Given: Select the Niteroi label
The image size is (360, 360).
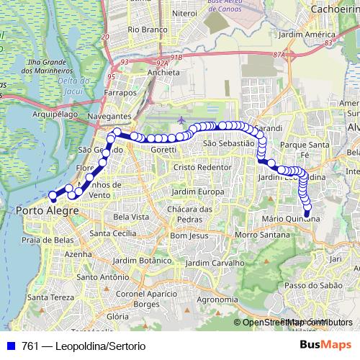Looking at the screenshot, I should coord(185,13).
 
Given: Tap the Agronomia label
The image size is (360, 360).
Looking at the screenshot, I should coord(217,300).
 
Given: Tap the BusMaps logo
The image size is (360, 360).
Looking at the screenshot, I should coord(324,345).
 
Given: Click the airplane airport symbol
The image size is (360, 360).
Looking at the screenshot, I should coord(180,119).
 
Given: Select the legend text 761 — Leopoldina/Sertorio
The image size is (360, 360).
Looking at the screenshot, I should coord(84,346).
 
